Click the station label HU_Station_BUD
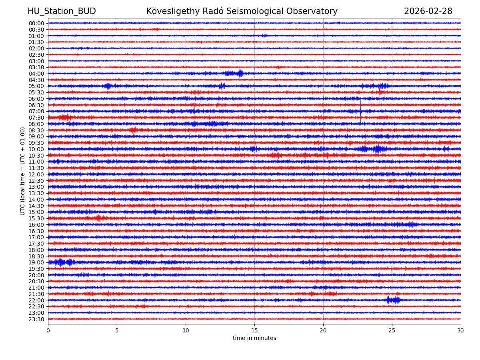point(62,11)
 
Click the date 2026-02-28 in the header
point(428,11)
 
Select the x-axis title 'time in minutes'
point(254,338)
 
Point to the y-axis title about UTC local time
point(23,171)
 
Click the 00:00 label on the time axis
point(36,23)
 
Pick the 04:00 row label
point(36,74)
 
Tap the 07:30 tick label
point(36,118)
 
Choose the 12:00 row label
point(36,174)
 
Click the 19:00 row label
point(36,262)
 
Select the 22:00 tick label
point(36,300)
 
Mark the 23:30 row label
point(36,319)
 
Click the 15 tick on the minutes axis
point(254,330)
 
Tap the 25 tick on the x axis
point(392,330)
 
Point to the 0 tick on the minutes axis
point(48,330)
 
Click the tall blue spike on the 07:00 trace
point(361,111)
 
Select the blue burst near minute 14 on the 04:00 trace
point(240,73)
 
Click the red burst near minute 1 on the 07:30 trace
point(64,117)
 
